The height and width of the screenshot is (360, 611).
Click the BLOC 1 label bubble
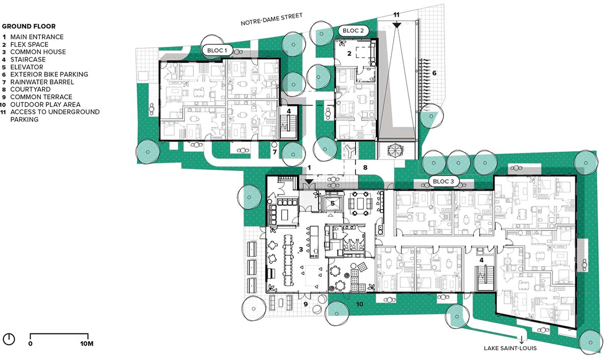coord(217,50)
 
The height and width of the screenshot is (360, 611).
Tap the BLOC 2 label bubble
coord(353,31)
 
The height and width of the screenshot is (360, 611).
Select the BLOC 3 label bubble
coord(443,181)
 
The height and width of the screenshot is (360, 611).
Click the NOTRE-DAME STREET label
coord(271,19)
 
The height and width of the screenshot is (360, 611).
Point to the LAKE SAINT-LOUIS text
coord(510,348)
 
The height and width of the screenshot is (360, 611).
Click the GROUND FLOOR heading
coord(29,26)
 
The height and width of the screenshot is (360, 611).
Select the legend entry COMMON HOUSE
coord(38,52)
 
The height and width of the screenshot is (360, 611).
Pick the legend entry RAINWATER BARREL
coord(42,82)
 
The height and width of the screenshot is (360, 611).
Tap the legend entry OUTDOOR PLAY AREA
coord(45,104)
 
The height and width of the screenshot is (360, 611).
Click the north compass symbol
coord(9,339)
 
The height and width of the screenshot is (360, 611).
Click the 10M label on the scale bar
coord(87,344)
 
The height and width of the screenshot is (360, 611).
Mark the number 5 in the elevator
coord(332,203)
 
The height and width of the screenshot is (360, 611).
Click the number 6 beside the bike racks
coord(434,73)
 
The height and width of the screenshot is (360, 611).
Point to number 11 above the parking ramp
coord(396,15)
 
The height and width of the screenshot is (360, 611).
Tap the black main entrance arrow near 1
coord(309,181)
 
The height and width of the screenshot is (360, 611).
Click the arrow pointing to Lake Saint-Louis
coord(521,340)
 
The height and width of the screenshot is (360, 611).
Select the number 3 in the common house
coord(301,250)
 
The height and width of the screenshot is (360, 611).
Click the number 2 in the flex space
coord(349,53)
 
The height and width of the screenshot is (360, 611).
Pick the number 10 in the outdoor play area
coord(359,304)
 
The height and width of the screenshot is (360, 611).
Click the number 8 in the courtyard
coord(365,168)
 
